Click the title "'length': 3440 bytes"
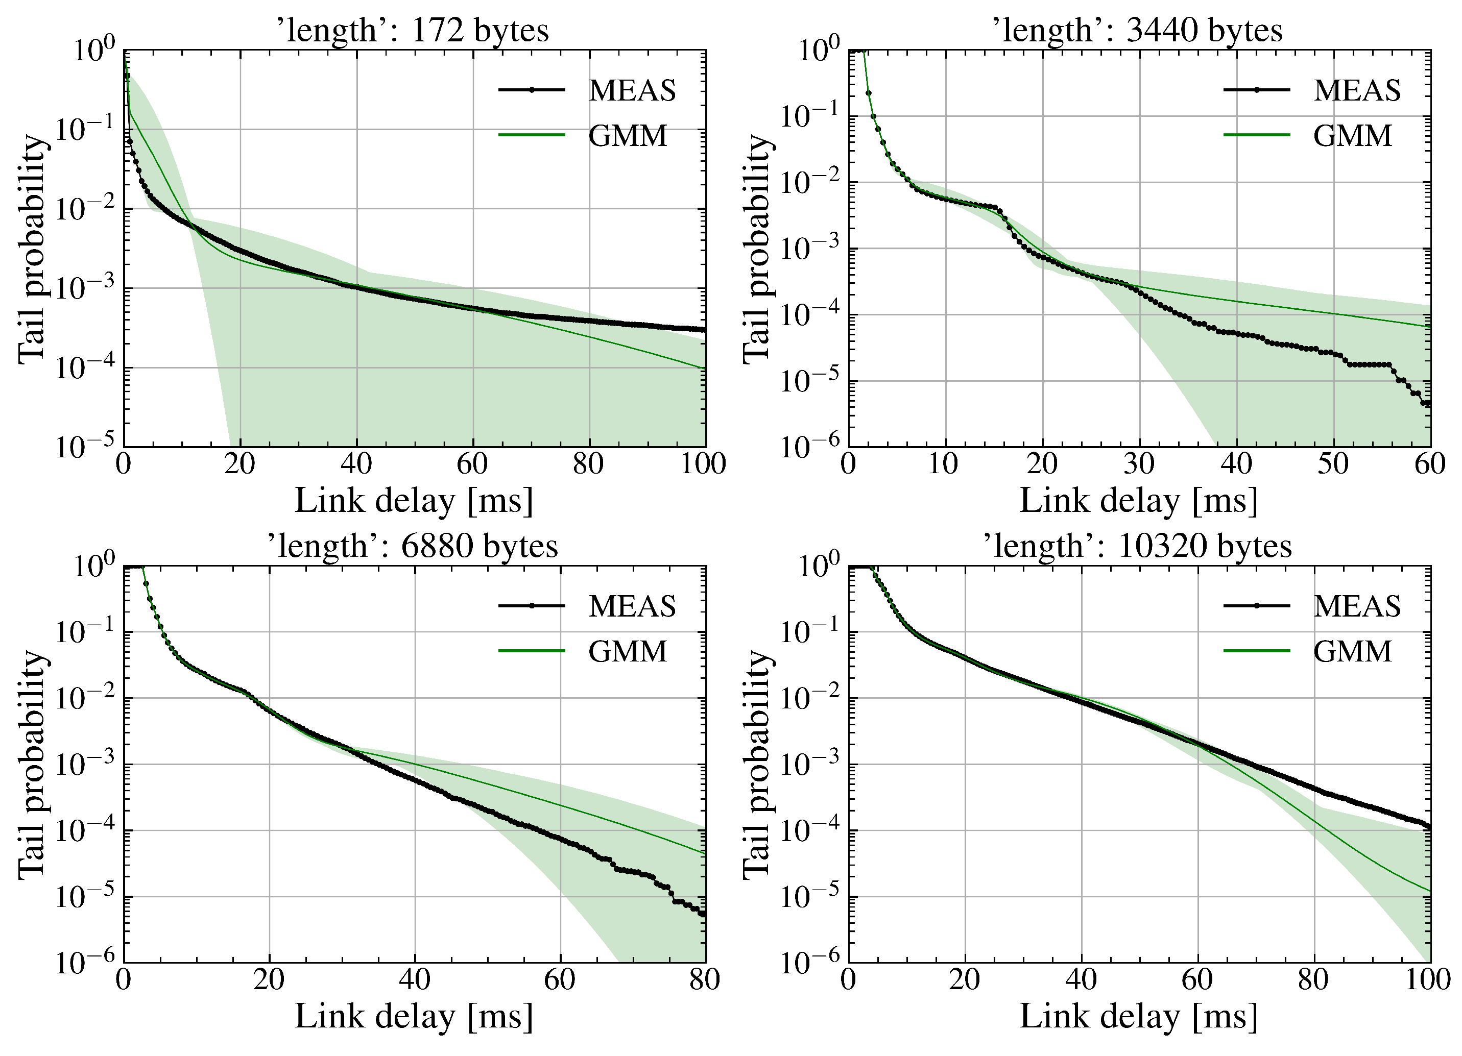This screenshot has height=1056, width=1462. pos(1137,30)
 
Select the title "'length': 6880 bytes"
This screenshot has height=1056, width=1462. pos(413,546)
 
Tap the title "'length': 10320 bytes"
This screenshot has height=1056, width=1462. pos(1137,546)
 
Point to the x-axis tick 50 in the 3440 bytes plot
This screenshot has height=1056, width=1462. pos(1332,464)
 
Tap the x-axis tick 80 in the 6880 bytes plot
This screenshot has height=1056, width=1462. pos(704,980)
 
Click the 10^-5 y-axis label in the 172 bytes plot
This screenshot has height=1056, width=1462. pos(84,446)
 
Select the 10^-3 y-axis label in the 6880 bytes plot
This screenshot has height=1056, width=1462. pos(84,765)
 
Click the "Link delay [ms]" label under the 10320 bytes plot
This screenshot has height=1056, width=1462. pos(1138,1017)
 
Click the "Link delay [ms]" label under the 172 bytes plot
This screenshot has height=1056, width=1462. pos(414,501)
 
